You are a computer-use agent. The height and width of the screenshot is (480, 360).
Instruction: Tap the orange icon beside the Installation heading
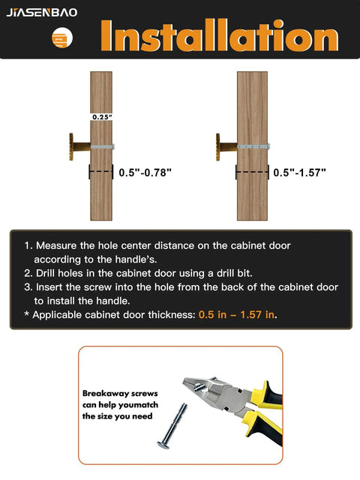pos(62,39)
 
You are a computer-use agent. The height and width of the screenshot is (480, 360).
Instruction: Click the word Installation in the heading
pos(219,36)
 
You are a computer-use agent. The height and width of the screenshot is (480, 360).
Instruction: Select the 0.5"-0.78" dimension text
pos(145,172)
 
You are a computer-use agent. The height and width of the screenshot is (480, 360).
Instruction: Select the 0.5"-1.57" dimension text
pos(300,172)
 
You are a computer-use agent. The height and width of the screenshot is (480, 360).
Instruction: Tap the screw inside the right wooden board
pos(253,146)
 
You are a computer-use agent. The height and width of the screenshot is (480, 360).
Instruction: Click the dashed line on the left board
pos(100,172)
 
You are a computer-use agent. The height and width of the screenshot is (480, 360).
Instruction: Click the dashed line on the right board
pos(253,172)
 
